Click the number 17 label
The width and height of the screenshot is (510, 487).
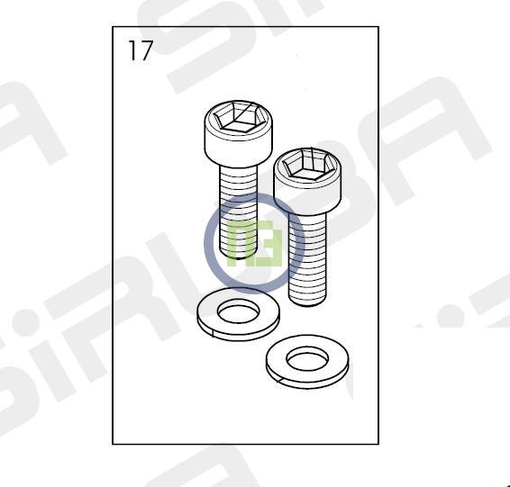tap(141, 50)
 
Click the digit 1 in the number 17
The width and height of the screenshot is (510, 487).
tap(132, 50)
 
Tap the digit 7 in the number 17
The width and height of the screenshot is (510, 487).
tap(146, 50)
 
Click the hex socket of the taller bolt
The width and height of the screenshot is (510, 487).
tap(239, 117)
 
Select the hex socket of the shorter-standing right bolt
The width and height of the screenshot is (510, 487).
tap(307, 165)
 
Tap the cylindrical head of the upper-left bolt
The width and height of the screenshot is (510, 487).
tap(239, 134)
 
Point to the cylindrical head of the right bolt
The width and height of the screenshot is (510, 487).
tap(307, 181)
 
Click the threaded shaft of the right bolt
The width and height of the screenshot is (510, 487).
tap(307, 258)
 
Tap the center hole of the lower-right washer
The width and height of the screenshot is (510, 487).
tap(307, 358)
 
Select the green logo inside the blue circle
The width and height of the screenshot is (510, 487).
tap(255, 243)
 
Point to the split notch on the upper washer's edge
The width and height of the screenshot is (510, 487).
tap(213, 334)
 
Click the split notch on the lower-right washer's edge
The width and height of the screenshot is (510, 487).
tap(279, 379)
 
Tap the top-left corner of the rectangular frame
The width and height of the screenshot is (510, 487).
tap(113, 27)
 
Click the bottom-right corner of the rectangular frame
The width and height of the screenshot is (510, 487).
tap(378, 444)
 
